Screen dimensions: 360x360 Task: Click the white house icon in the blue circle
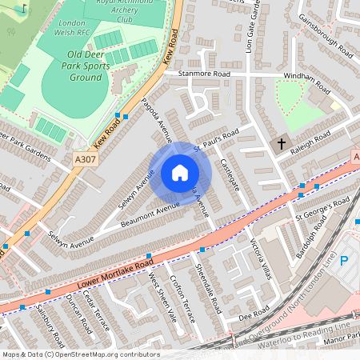tap(180, 173)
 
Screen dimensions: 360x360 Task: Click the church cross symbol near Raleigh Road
tap(281, 145)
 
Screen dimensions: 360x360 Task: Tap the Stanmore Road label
tap(203, 74)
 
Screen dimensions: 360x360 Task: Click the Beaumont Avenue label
tap(151, 212)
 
